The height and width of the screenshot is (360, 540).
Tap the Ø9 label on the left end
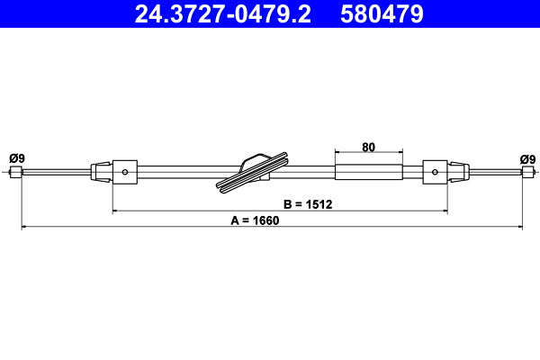[16, 159]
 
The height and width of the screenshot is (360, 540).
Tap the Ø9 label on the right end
[527, 159]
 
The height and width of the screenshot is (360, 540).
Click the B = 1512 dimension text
[308, 204]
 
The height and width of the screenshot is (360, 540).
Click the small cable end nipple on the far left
[15, 173]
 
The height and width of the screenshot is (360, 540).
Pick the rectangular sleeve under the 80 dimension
[367, 172]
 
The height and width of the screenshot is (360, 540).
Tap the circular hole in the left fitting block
[126, 172]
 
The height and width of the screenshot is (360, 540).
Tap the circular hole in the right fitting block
[436, 172]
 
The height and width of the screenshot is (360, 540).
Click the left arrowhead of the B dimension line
[116, 211]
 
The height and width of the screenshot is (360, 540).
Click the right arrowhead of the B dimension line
[445, 211]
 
